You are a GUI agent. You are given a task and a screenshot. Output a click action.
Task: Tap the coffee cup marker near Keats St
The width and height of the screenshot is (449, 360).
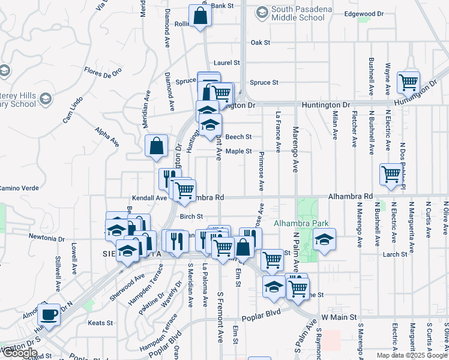click(49, 314)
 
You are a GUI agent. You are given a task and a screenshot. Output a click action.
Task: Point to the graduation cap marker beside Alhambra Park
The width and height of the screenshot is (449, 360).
click(324, 241)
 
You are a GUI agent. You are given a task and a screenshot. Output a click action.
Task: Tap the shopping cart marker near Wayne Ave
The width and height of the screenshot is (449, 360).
click(409, 82)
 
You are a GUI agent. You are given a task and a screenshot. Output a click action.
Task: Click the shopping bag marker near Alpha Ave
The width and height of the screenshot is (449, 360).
click(156, 146)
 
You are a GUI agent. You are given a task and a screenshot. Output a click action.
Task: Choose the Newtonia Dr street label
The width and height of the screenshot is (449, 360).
click(47, 238)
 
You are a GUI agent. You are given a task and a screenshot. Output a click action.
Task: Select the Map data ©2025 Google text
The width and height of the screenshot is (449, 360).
click(411, 355)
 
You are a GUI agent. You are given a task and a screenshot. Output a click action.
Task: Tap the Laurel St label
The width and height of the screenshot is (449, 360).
click(227, 62)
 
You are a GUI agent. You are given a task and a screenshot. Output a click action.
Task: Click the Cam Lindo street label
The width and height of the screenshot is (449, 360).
click(72, 110)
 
